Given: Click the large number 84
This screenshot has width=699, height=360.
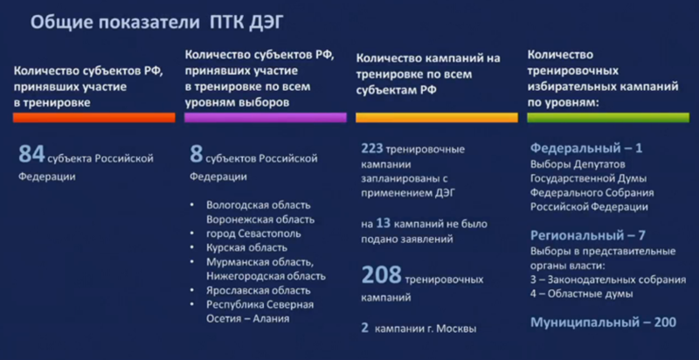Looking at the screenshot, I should click(x=31, y=156).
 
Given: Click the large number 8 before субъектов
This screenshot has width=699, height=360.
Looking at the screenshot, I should click(x=196, y=156).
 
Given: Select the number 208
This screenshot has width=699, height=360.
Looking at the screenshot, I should click(x=382, y=276).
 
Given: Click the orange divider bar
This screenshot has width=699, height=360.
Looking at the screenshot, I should click(x=93, y=117).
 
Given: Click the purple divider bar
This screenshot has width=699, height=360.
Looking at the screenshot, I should click(x=266, y=117).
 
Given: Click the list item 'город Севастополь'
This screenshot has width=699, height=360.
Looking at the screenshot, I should click(x=253, y=234).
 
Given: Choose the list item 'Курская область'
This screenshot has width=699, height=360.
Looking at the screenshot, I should click(x=247, y=248).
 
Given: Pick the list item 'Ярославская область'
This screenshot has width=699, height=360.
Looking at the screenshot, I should click(x=258, y=290).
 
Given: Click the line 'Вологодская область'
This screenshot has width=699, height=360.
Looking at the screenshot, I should click(x=258, y=205).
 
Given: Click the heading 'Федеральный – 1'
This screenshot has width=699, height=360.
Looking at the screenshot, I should click(x=586, y=148).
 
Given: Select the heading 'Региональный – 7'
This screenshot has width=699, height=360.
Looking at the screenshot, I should click(x=588, y=235).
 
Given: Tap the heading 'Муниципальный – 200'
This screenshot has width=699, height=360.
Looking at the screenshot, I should click(x=603, y=322).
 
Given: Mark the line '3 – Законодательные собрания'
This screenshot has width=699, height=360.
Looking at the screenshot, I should click(x=608, y=280).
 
